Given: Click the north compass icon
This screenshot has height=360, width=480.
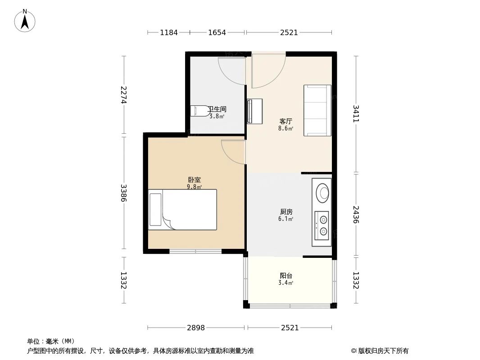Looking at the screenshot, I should (x=25, y=21).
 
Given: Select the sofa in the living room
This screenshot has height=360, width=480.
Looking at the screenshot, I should (x=317, y=110).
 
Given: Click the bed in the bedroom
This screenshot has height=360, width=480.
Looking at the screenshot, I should (x=183, y=210).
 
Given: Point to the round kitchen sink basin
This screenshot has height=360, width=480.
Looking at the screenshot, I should (x=322, y=193).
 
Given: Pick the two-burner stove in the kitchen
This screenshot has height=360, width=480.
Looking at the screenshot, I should (x=322, y=225).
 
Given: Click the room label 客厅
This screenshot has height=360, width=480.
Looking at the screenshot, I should (x=286, y=121).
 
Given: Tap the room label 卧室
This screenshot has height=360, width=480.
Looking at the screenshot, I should (x=195, y=180).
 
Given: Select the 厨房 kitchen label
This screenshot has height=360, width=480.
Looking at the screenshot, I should (x=286, y=211).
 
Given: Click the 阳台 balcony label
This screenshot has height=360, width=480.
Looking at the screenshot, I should (x=286, y=275).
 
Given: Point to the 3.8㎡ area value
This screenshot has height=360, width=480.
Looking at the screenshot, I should (x=217, y=116).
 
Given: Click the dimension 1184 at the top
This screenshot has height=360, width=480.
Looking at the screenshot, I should (x=169, y=32).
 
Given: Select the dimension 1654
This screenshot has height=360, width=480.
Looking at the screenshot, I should (x=217, y=32).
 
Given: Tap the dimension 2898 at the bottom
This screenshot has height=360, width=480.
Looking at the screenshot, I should (x=195, y=328).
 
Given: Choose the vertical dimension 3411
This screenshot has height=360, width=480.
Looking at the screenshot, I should (x=356, y=114).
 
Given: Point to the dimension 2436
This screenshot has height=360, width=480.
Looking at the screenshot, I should (x=356, y=215).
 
